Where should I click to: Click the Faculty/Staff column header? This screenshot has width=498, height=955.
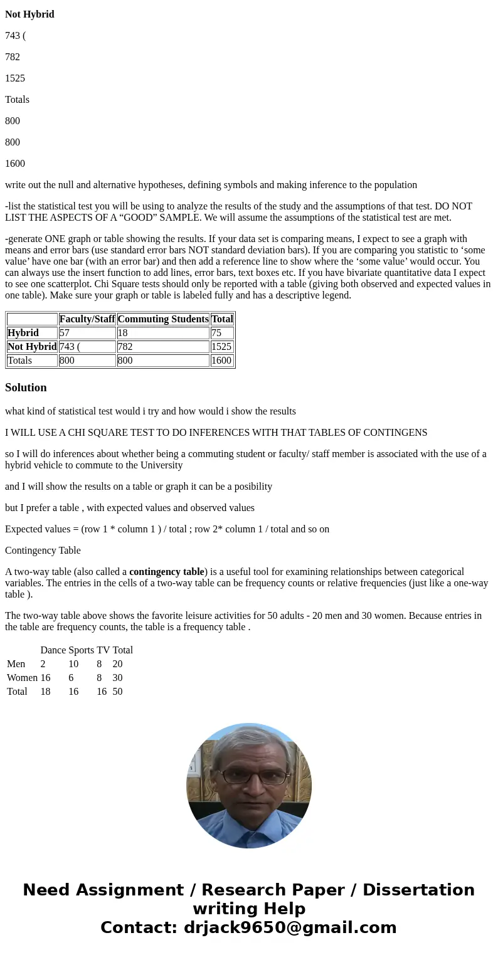(x=87, y=319)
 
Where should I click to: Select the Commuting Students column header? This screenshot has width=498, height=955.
(x=163, y=319)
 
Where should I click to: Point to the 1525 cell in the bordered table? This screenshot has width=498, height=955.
(x=221, y=347)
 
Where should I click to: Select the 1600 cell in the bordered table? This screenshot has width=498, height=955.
(x=221, y=361)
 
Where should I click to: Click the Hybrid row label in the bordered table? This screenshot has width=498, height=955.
(x=23, y=333)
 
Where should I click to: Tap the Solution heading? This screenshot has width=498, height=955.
(x=26, y=388)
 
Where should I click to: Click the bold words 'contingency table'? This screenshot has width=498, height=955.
(x=167, y=572)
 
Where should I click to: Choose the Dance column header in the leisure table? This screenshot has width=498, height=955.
(x=53, y=650)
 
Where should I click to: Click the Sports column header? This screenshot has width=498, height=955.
(x=81, y=650)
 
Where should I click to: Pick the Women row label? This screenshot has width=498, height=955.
(x=22, y=678)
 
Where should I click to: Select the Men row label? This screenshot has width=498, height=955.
(x=16, y=664)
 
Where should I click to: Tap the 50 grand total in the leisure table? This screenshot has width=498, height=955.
(x=117, y=692)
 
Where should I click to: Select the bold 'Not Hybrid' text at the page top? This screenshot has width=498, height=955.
(x=29, y=14)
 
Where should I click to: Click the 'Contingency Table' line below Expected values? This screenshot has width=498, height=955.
(x=43, y=551)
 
